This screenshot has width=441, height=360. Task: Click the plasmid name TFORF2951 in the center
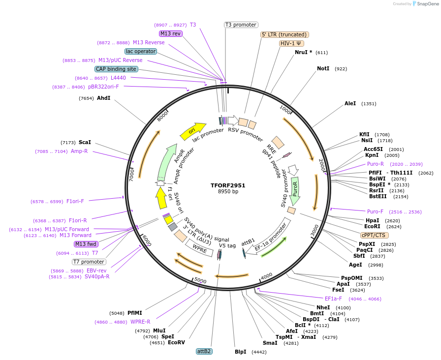[x=228, y=185]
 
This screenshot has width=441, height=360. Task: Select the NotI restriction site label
[x=323, y=69]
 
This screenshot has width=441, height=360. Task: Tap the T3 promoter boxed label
[x=241, y=25]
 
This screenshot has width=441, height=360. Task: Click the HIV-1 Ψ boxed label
[x=290, y=43]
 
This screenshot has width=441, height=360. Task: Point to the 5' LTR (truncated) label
[x=284, y=34]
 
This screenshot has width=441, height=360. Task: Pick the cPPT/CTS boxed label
[x=374, y=235]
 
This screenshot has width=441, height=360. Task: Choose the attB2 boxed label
[x=204, y=351]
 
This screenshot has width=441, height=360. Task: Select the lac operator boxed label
[x=140, y=51]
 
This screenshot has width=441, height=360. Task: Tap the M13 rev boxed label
[x=170, y=33]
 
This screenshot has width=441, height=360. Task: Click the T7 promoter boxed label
[x=89, y=262]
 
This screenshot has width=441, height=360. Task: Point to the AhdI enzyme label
[x=103, y=98]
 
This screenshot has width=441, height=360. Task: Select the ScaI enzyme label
[x=85, y=143]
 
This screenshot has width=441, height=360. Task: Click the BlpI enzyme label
[x=240, y=352]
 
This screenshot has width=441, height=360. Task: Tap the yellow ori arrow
[x=192, y=130]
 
